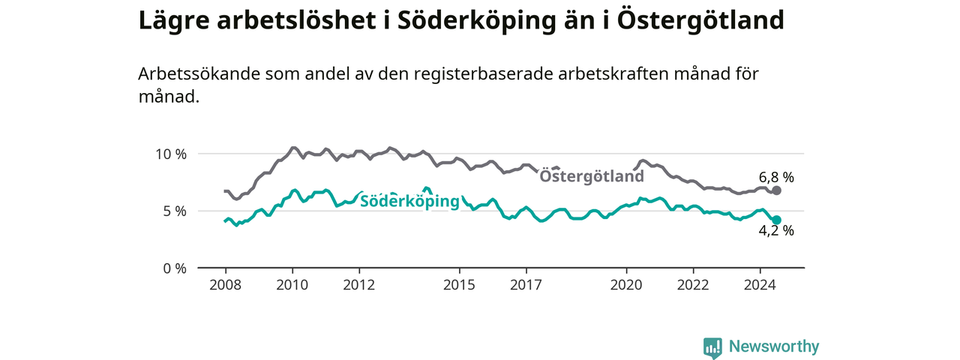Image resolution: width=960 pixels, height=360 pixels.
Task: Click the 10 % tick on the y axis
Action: (171, 154)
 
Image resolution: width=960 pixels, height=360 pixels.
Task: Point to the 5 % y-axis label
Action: (175, 211)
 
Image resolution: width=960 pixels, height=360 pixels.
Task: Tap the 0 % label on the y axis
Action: (175, 268)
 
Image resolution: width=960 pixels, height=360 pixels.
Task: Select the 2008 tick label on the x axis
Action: (226, 285)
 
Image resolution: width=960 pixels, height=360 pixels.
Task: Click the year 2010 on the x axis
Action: (292, 285)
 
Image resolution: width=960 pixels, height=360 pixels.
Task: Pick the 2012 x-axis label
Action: (359, 285)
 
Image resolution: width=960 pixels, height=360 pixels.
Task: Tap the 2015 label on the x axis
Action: (460, 285)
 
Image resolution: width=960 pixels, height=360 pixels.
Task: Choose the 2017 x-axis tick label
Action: (526, 285)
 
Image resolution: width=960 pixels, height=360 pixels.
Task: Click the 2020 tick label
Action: (626, 285)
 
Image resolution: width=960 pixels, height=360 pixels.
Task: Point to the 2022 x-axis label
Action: (693, 285)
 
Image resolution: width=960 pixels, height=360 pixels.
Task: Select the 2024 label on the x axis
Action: (760, 285)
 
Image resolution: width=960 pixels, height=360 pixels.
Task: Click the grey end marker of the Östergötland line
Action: (776, 190)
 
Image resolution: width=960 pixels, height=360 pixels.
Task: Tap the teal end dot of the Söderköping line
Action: (776, 220)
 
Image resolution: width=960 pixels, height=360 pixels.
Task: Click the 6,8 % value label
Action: (776, 178)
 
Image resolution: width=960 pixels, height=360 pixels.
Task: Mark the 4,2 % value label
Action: (776, 230)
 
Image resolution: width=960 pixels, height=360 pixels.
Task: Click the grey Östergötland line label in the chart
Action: (592, 176)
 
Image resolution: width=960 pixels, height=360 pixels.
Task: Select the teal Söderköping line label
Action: (409, 201)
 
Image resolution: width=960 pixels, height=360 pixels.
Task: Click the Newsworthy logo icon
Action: (712, 347)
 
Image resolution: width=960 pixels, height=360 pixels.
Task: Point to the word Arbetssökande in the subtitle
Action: (199, 74)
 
